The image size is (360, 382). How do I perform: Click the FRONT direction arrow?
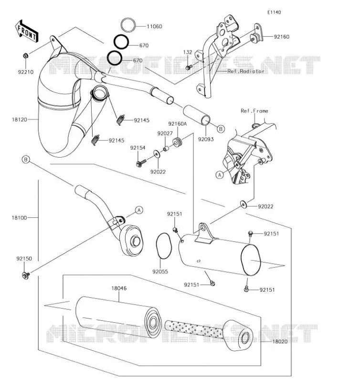(27, 32)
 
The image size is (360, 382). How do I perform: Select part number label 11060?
(154, 26)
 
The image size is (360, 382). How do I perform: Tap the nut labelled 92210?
(25, 55)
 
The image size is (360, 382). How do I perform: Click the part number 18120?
(19, 119)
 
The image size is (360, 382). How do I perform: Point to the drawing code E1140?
(274, 12)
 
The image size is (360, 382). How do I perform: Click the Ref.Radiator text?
(246, 71)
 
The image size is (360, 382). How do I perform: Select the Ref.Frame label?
(254, 111)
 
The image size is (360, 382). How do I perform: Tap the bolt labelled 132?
(189, 67)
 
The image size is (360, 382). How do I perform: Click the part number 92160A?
(177, 124)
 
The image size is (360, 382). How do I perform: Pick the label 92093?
(206, 139)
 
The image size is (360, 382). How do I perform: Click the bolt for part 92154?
(141, 163)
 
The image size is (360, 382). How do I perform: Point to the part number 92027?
(165, 133)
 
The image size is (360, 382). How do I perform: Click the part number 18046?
(119, 288)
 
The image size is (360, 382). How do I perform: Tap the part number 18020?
(280, 341)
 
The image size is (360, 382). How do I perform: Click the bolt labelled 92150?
(26, 276)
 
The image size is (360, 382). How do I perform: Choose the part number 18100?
(19, 218)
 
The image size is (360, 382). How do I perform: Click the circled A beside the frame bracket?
(220, 175)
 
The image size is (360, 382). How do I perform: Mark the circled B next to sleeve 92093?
(221, 129)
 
